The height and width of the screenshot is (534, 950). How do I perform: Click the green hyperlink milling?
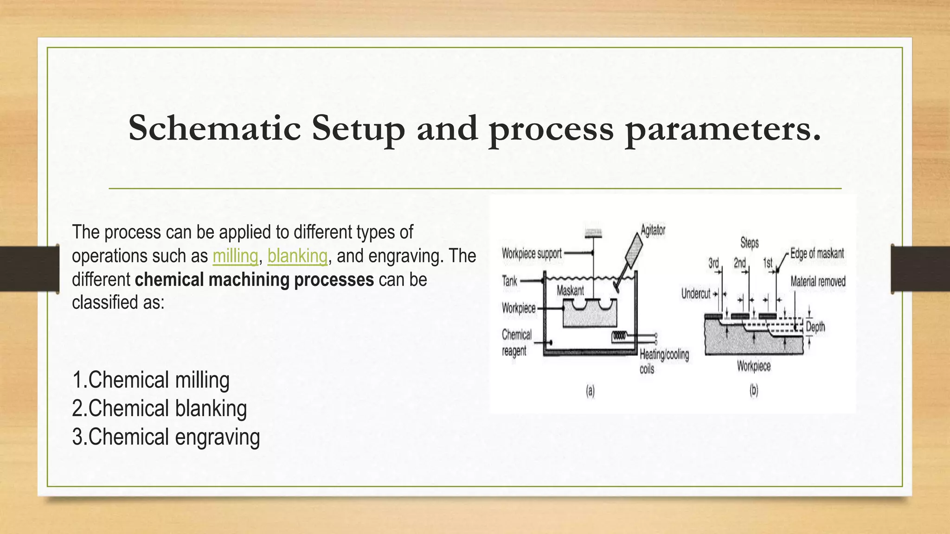click(235, 256)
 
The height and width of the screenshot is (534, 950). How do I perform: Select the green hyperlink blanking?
click(297, 256)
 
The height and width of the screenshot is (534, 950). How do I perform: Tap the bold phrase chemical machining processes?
click(254, 280)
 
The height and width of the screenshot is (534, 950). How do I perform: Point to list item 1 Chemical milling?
click(151, 380)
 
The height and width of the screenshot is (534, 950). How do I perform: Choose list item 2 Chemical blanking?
click(159, 408)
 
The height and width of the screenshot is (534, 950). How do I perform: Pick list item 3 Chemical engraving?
click(166, 437)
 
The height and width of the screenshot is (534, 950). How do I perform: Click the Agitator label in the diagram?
click(653, 230)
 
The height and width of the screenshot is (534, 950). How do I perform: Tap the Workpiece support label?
click(532, 254)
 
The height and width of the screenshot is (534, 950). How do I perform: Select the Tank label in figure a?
click(509, 281)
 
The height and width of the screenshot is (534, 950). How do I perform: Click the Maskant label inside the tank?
click(570, 291)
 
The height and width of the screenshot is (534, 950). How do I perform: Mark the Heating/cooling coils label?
click(664, 362)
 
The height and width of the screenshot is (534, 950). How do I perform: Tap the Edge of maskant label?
click(817, 254)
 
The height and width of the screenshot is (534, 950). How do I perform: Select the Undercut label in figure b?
click(695, 293)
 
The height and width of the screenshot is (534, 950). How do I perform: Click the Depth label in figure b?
click(815, 327)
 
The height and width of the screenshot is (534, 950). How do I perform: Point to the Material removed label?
click(818, 281)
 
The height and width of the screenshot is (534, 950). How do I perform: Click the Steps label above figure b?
click(749, 242)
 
